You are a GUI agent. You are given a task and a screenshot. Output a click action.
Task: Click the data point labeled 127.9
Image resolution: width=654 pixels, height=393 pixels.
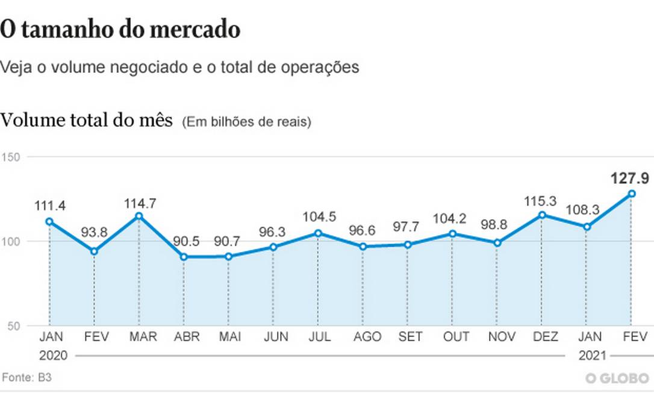coord(631,193)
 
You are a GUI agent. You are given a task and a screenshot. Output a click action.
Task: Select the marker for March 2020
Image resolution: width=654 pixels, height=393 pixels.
coord(139,216)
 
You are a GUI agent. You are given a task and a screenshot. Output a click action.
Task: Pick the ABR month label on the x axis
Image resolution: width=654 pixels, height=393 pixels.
coord(183,336)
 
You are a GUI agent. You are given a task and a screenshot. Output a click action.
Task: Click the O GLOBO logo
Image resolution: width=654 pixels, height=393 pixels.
coord(617,378)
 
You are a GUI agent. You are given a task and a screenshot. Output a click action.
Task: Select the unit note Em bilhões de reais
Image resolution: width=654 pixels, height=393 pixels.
coord(246,122)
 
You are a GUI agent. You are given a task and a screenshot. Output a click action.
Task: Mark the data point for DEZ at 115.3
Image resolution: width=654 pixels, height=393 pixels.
coord(542,215)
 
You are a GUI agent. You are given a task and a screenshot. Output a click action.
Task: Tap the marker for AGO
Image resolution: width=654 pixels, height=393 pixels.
coord(363,247)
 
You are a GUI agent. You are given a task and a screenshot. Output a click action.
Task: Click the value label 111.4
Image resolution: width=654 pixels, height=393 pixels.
coord(49,206)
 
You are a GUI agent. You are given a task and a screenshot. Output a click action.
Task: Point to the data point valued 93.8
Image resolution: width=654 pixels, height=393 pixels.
coord(94,251)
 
